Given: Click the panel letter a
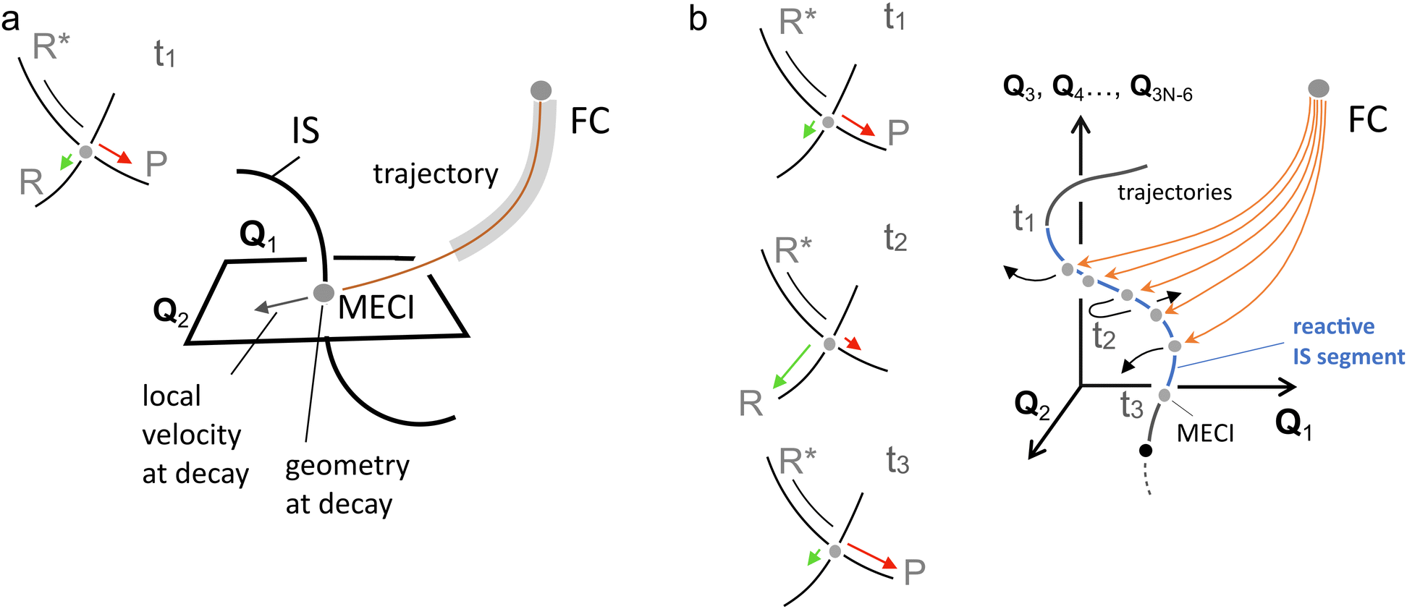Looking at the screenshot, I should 10,20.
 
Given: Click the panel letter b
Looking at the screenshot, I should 697,19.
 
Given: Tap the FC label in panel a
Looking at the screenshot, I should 589,121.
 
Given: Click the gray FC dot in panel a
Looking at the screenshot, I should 541,90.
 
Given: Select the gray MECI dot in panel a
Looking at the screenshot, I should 324,293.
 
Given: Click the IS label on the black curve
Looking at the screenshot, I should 305,131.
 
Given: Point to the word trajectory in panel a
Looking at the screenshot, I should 436,174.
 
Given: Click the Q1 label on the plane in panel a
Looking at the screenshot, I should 258,236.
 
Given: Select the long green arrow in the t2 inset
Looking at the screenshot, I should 792,367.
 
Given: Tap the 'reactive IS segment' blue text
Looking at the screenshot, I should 1347,341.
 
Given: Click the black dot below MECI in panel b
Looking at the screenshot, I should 1145,451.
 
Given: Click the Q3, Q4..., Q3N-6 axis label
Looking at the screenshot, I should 1097,88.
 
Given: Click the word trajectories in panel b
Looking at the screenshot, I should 1174,192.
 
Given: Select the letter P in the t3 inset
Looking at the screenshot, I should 914,571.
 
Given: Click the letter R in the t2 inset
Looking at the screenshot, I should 751,403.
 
